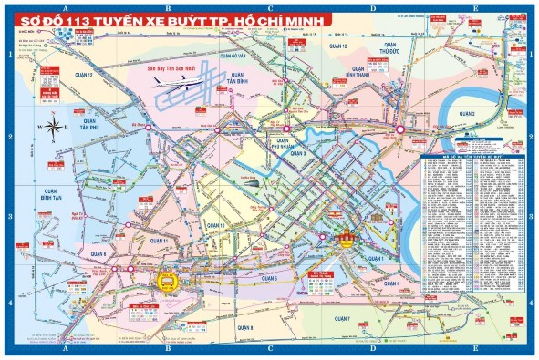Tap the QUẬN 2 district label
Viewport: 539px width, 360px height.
click(x=466, y=114)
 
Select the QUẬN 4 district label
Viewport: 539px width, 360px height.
click(x=391, y=283)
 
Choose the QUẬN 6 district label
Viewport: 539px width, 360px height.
click(x=98, y=253)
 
